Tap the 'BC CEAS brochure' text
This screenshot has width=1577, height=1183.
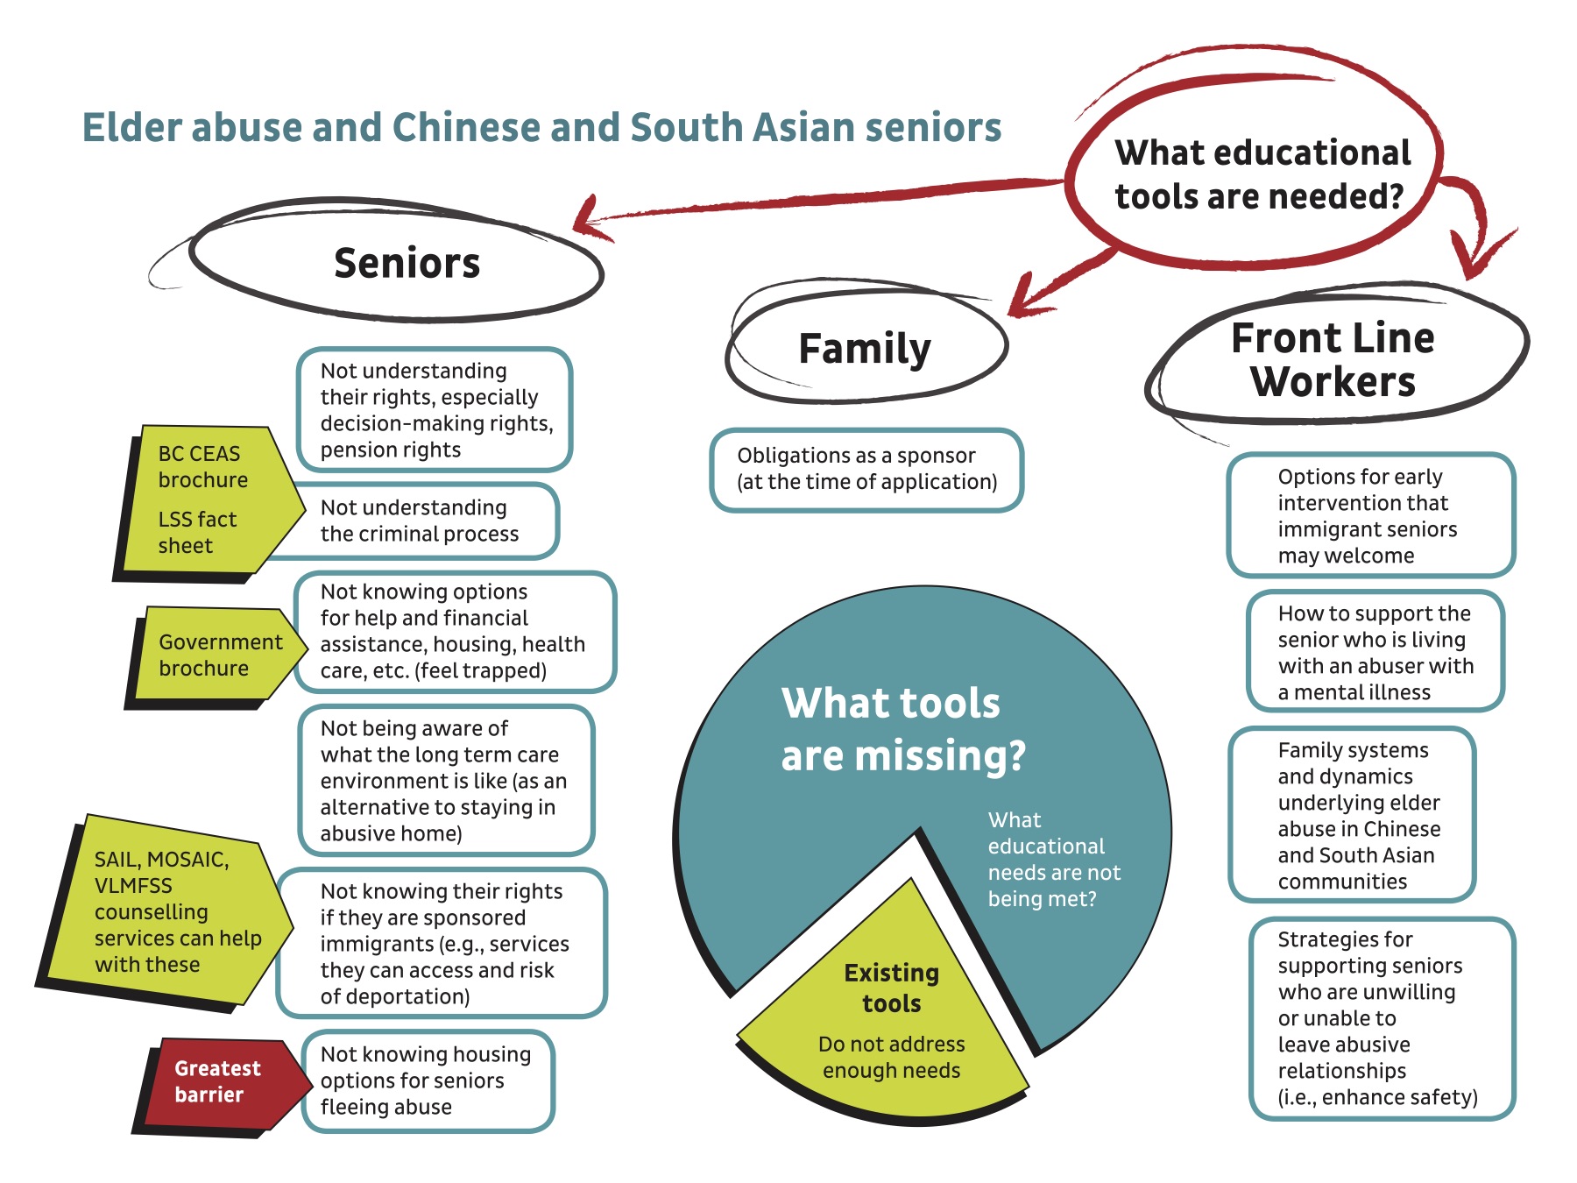[x=202, y=466]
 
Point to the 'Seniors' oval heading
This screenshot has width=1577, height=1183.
[x=407, y=263]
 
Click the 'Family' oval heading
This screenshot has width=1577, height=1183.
[x=865, y=348]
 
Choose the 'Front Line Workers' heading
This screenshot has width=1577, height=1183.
[x=1333, y=359]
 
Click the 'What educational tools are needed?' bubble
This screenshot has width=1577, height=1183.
[x=1262, y=174]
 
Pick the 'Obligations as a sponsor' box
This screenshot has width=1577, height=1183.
[x=866, y=469]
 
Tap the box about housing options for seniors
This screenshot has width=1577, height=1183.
[x=427, y=1080]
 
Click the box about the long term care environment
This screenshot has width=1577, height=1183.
[x=444, y=780]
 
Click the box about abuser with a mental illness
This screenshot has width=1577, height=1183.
[x=1375, y=652]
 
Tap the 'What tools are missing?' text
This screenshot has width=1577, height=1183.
[x=902, y=729]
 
